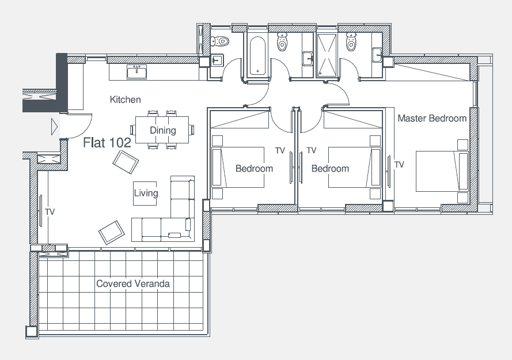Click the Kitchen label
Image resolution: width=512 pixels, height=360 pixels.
126,99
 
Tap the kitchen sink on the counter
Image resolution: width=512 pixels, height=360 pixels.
137,72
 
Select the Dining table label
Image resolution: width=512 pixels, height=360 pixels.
162,130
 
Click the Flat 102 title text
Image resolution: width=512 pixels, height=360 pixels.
107,142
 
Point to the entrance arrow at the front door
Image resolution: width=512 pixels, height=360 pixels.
55,127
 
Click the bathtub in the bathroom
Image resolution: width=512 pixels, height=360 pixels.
257,55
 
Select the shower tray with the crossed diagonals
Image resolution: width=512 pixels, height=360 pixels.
327,55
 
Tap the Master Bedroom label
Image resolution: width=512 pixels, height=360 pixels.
432,118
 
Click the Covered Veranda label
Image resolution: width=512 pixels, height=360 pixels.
133,283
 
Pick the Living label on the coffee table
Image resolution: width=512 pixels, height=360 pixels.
146,193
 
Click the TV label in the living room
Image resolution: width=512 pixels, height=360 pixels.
50,212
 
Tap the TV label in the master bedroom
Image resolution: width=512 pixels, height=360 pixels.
399,165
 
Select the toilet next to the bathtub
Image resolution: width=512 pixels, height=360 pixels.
282,41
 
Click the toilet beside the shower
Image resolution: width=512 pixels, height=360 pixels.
351,41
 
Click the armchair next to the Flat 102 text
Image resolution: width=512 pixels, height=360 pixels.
126,162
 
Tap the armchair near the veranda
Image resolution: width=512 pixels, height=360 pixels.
111,232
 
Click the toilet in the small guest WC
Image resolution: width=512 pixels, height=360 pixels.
220,41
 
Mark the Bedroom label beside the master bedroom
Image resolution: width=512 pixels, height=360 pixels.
330,169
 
